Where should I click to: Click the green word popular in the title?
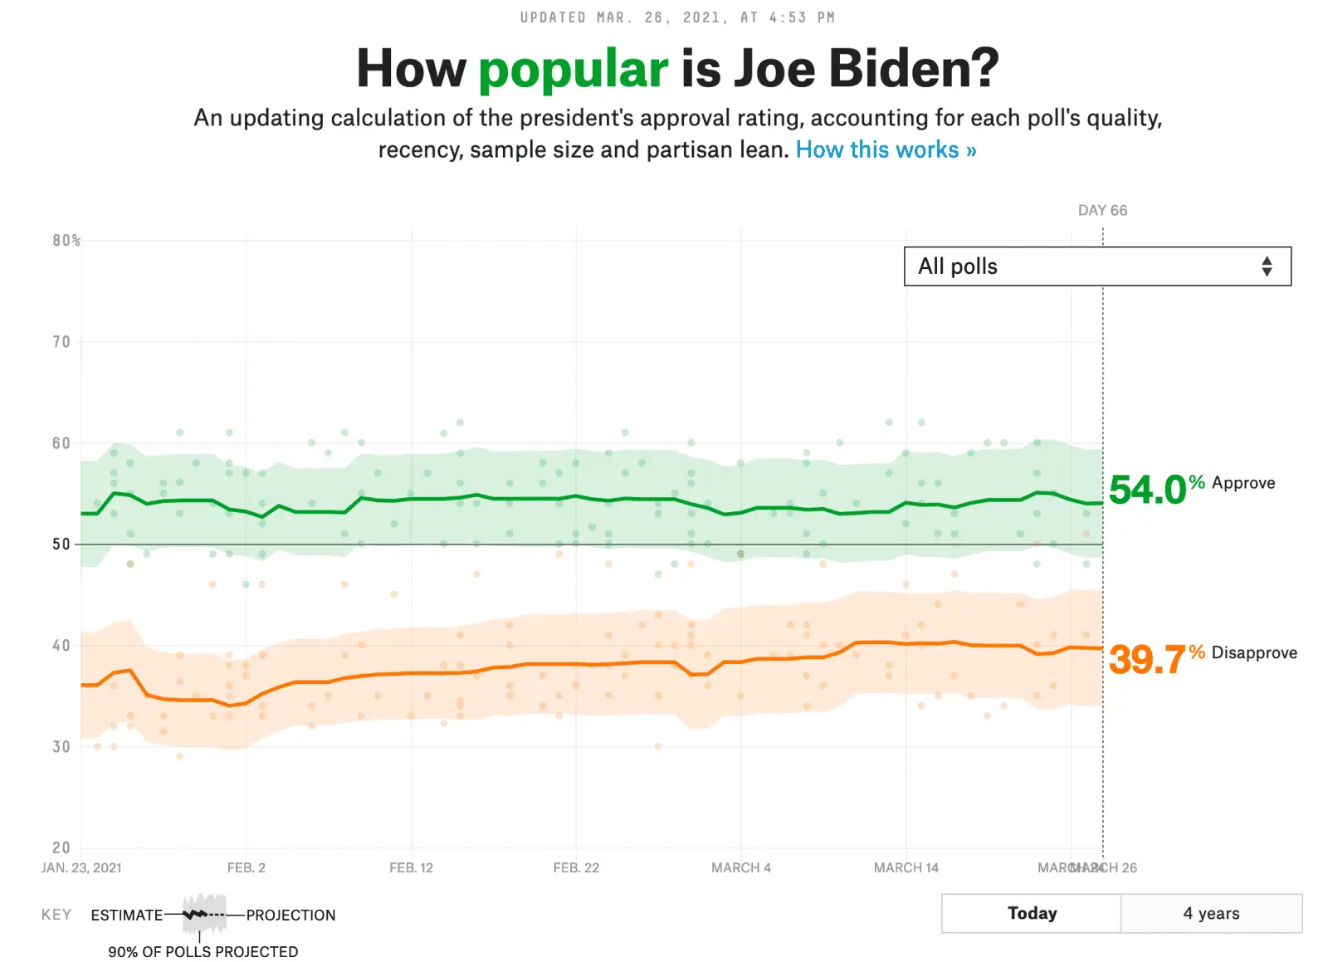pos(573,69)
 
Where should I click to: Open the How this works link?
pos(886,149)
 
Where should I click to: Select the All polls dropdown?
pos(1096,266)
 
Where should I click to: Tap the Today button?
pos(1032,913)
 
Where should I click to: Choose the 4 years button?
pos(1211,913)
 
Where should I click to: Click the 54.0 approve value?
pos(1148,490)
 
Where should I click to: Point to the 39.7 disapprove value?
pos(1148,660)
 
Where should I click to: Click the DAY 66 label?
pos(1102,210)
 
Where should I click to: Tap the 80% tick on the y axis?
pos(66,241)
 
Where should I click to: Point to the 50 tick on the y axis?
pos(61,544)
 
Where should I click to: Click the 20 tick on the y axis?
pos(61,847)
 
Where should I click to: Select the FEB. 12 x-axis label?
pos(411,867)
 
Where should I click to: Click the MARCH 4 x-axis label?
pos(740,867)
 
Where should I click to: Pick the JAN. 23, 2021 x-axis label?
pos(81,867)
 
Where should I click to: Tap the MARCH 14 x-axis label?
pos(906,867)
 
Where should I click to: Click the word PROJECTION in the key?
pos(290,915)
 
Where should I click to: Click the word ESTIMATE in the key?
pos(127,915)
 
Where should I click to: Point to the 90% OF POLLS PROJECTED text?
pos(203,951)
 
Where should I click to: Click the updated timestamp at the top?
pos(677,17)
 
